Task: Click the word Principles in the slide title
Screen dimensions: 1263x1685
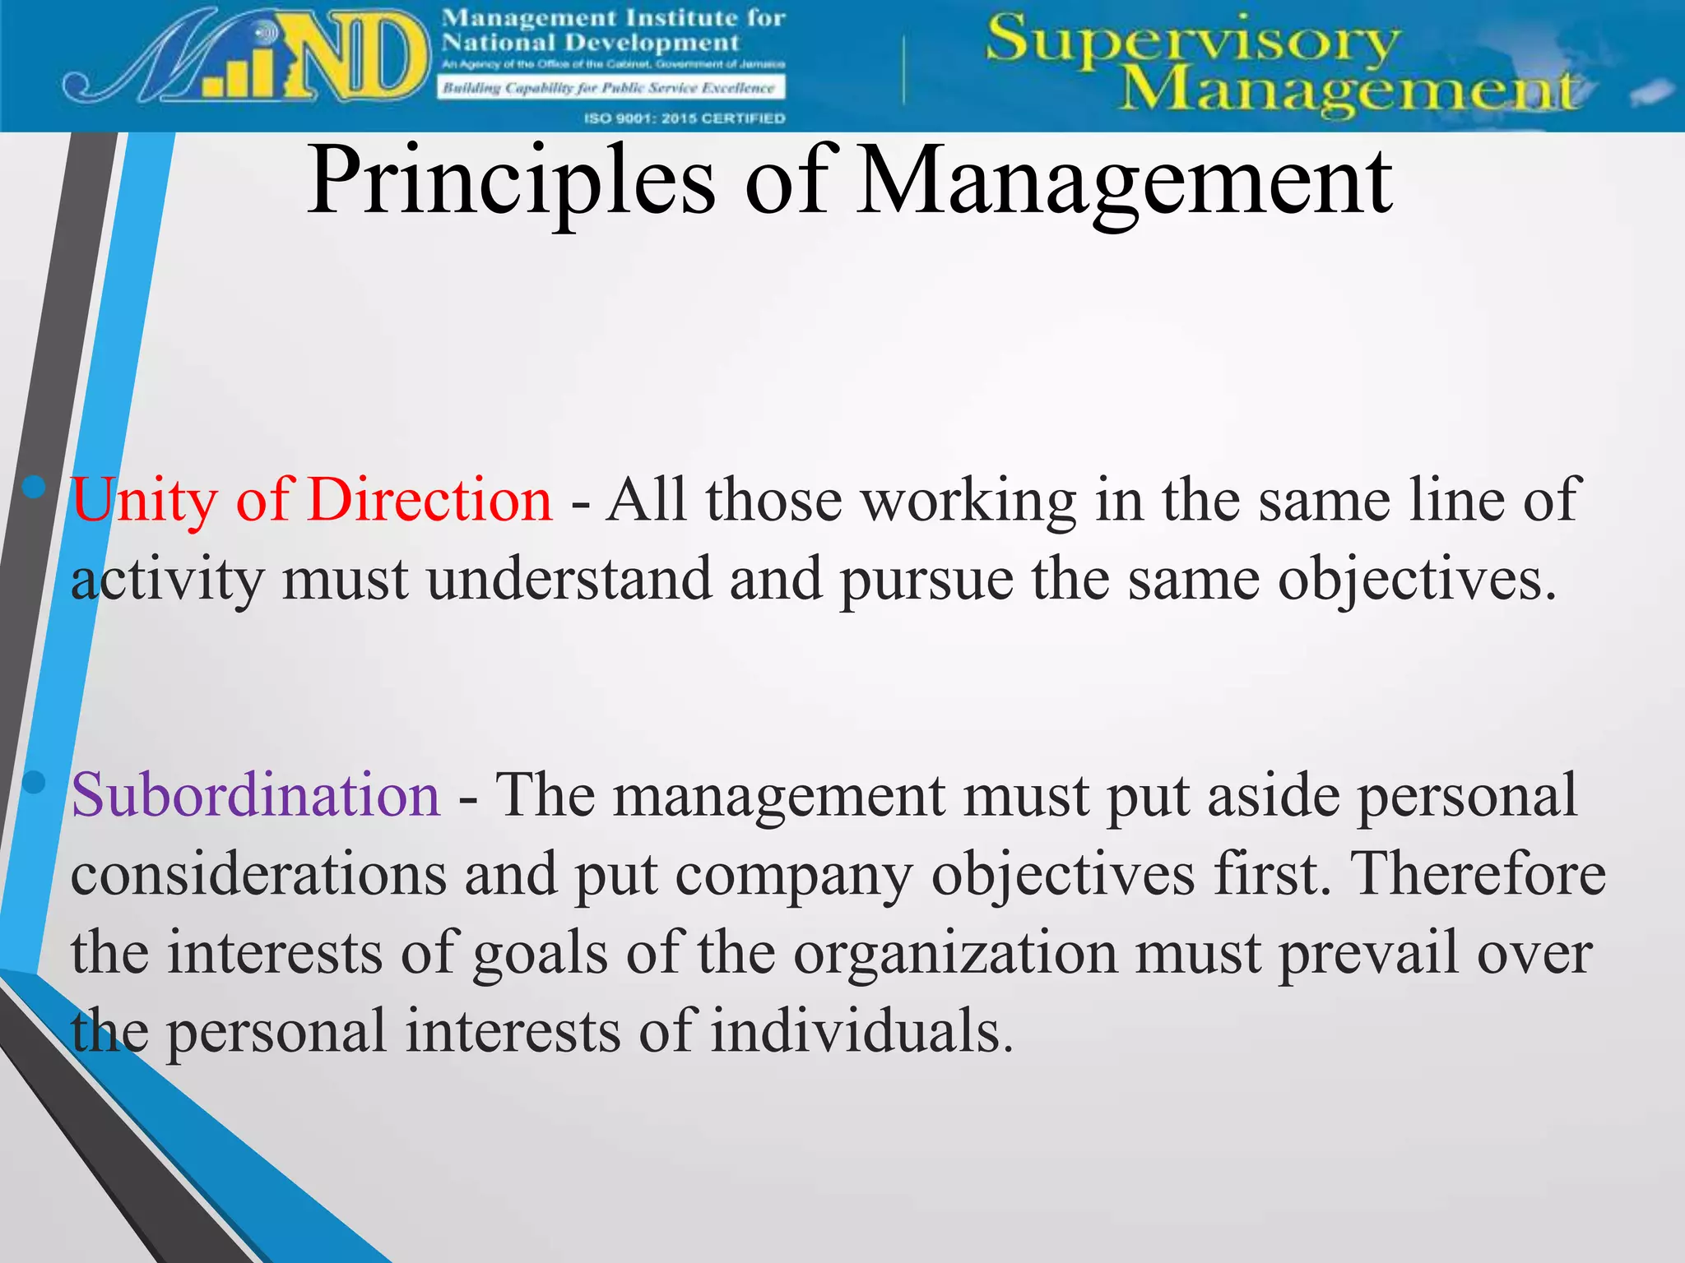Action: tap(511, 183)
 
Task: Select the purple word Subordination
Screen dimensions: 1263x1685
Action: tap(256, 795)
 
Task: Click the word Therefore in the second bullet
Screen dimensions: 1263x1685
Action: tap(1478, 873)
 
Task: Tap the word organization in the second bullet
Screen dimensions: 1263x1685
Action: tap(955, 953)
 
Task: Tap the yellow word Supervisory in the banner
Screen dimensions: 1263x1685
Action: tap(1192, 41)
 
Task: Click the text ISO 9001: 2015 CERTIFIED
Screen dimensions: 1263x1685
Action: tap(685, 118)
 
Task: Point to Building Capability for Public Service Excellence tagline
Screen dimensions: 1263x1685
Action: tap(610, 88)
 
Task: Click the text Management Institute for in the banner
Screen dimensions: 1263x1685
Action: tap(614, 17)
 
